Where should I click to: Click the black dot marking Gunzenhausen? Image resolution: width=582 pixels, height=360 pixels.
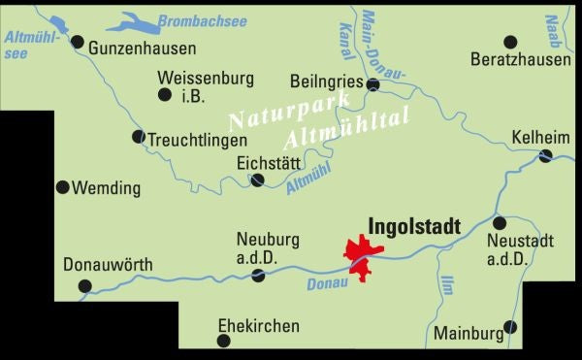pos(78,42)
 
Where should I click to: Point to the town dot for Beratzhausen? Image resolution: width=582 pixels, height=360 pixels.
pos(511,42)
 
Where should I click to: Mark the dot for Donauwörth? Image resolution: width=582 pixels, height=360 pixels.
pos(84,285)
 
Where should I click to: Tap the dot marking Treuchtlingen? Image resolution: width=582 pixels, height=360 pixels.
pos(138,137)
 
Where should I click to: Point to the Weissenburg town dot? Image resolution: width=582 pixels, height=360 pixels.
pos(164,94)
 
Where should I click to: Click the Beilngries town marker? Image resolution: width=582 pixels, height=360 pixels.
pos(372,85)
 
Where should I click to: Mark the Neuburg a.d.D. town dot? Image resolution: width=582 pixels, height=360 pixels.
pos(258,276)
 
